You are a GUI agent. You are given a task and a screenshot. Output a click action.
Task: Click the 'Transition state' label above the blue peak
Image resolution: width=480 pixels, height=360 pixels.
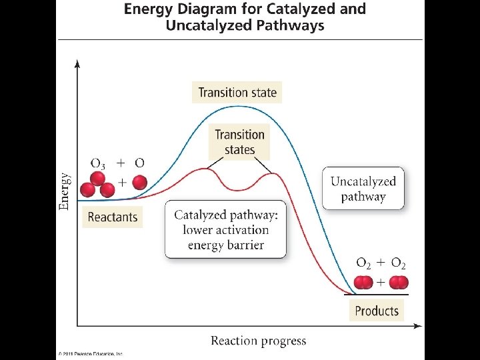coord(237,93)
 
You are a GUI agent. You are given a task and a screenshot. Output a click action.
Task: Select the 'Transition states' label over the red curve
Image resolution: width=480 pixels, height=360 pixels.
coord(240,142)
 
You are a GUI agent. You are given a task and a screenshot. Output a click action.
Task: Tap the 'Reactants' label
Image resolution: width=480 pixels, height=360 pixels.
coord(113,217)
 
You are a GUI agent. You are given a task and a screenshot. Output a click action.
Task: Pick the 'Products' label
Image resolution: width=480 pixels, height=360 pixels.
coord(377,311)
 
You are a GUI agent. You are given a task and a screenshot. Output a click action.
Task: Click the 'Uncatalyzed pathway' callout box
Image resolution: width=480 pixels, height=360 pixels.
coord(363,189)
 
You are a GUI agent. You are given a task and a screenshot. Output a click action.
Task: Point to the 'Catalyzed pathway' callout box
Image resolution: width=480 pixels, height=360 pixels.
coord(226,229)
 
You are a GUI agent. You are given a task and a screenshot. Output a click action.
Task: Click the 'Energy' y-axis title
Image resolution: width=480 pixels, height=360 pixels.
coord(65,192)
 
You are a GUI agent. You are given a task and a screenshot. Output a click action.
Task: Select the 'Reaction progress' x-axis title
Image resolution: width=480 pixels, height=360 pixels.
coord(259,341)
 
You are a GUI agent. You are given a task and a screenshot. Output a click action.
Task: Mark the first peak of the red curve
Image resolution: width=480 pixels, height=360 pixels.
coord(202,169)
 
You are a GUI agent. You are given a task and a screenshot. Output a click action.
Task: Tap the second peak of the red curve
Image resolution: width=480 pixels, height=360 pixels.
coord(270,175)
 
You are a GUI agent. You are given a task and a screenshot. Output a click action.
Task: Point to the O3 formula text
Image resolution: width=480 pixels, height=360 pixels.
coord(97,163)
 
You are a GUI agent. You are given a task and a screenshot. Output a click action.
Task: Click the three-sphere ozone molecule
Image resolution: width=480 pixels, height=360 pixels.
coord(97,185)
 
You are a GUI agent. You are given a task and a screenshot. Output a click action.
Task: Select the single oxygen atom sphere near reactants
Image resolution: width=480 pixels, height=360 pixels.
coord(139,182)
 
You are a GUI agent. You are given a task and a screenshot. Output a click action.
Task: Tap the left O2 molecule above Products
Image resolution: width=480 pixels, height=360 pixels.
coord(363,283)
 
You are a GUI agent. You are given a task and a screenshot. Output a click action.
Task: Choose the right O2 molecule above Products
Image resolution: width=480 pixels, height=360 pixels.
coord(399,283)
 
